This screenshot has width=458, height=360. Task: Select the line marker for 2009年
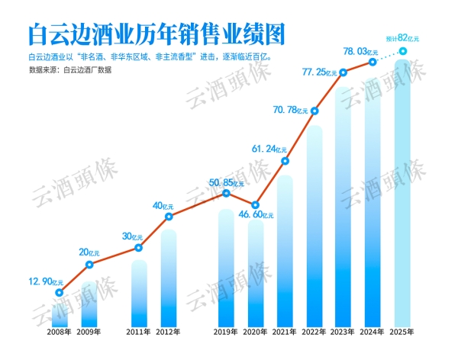(x=89, y=265)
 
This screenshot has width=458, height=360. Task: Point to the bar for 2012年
(x=168, y=278)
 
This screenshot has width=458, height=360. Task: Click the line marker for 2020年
(x=256, y=204)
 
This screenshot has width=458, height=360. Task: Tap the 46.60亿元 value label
(x=255, y=217)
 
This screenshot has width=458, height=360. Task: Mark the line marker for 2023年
(x=343, y=72)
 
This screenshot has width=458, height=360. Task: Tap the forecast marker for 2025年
(x=403, y=52)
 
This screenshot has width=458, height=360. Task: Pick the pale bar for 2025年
(x=403, y=198)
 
